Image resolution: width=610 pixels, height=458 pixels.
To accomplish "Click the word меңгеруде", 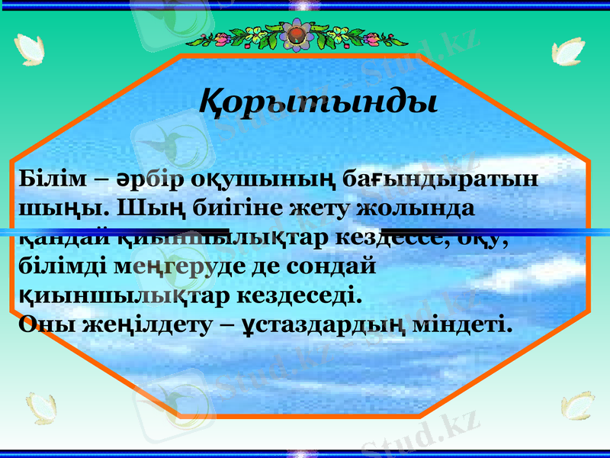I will (x=162, y=266).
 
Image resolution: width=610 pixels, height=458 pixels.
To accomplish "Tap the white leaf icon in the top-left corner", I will (x=31, y=50).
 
